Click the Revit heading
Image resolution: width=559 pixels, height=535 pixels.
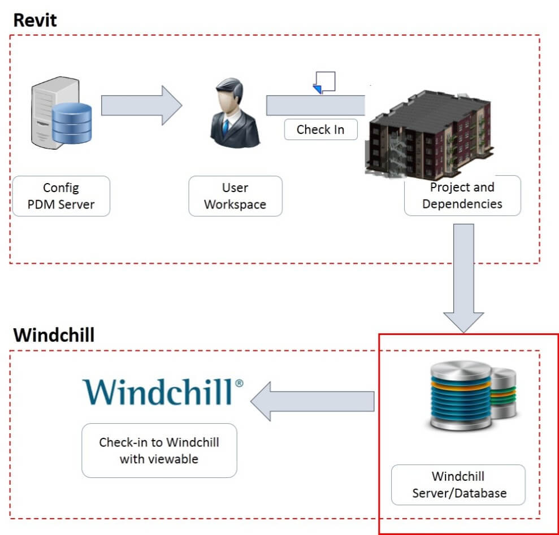pyautogui.click(x=34, y=20)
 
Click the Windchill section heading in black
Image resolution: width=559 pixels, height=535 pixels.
pyautogui.click(x=54, y=335)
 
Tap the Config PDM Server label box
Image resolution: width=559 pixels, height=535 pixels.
pyautogui.click(x=61, y=196)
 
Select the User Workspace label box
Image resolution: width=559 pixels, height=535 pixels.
pyautogui.click(x=235, y=196)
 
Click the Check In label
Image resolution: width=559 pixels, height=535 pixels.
pyautogui.click(x=320, y=129)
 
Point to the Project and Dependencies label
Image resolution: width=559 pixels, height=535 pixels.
pyautogui.click(x=462, y=195)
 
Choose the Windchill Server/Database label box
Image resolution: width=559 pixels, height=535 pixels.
pyautogui.click(x=458, y=485)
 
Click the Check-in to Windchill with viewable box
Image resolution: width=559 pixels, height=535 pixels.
pyautogui.click(x=159, y=450)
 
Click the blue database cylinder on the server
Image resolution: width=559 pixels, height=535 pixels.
pyautogui.click(x=72, y=123)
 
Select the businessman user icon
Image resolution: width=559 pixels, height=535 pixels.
pyautogui.click(x=235, y=113)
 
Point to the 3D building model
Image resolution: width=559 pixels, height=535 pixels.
pyautogui.click(x=429, y=134)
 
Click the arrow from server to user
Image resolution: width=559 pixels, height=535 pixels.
pyautogui.click(x=141, y=106)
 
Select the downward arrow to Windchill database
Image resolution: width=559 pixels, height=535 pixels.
pyautogui.click(x=463, y=278)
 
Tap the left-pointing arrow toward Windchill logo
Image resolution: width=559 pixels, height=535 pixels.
pyautogui.click(x=313, y=401)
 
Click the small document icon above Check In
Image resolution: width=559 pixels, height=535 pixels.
pyautogui.click(x=324, y=82)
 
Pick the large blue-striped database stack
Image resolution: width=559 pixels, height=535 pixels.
pyautogui.click(x=461, y=395)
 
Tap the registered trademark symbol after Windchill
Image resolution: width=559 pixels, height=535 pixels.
pyautogui.click(x=239, y=383)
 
